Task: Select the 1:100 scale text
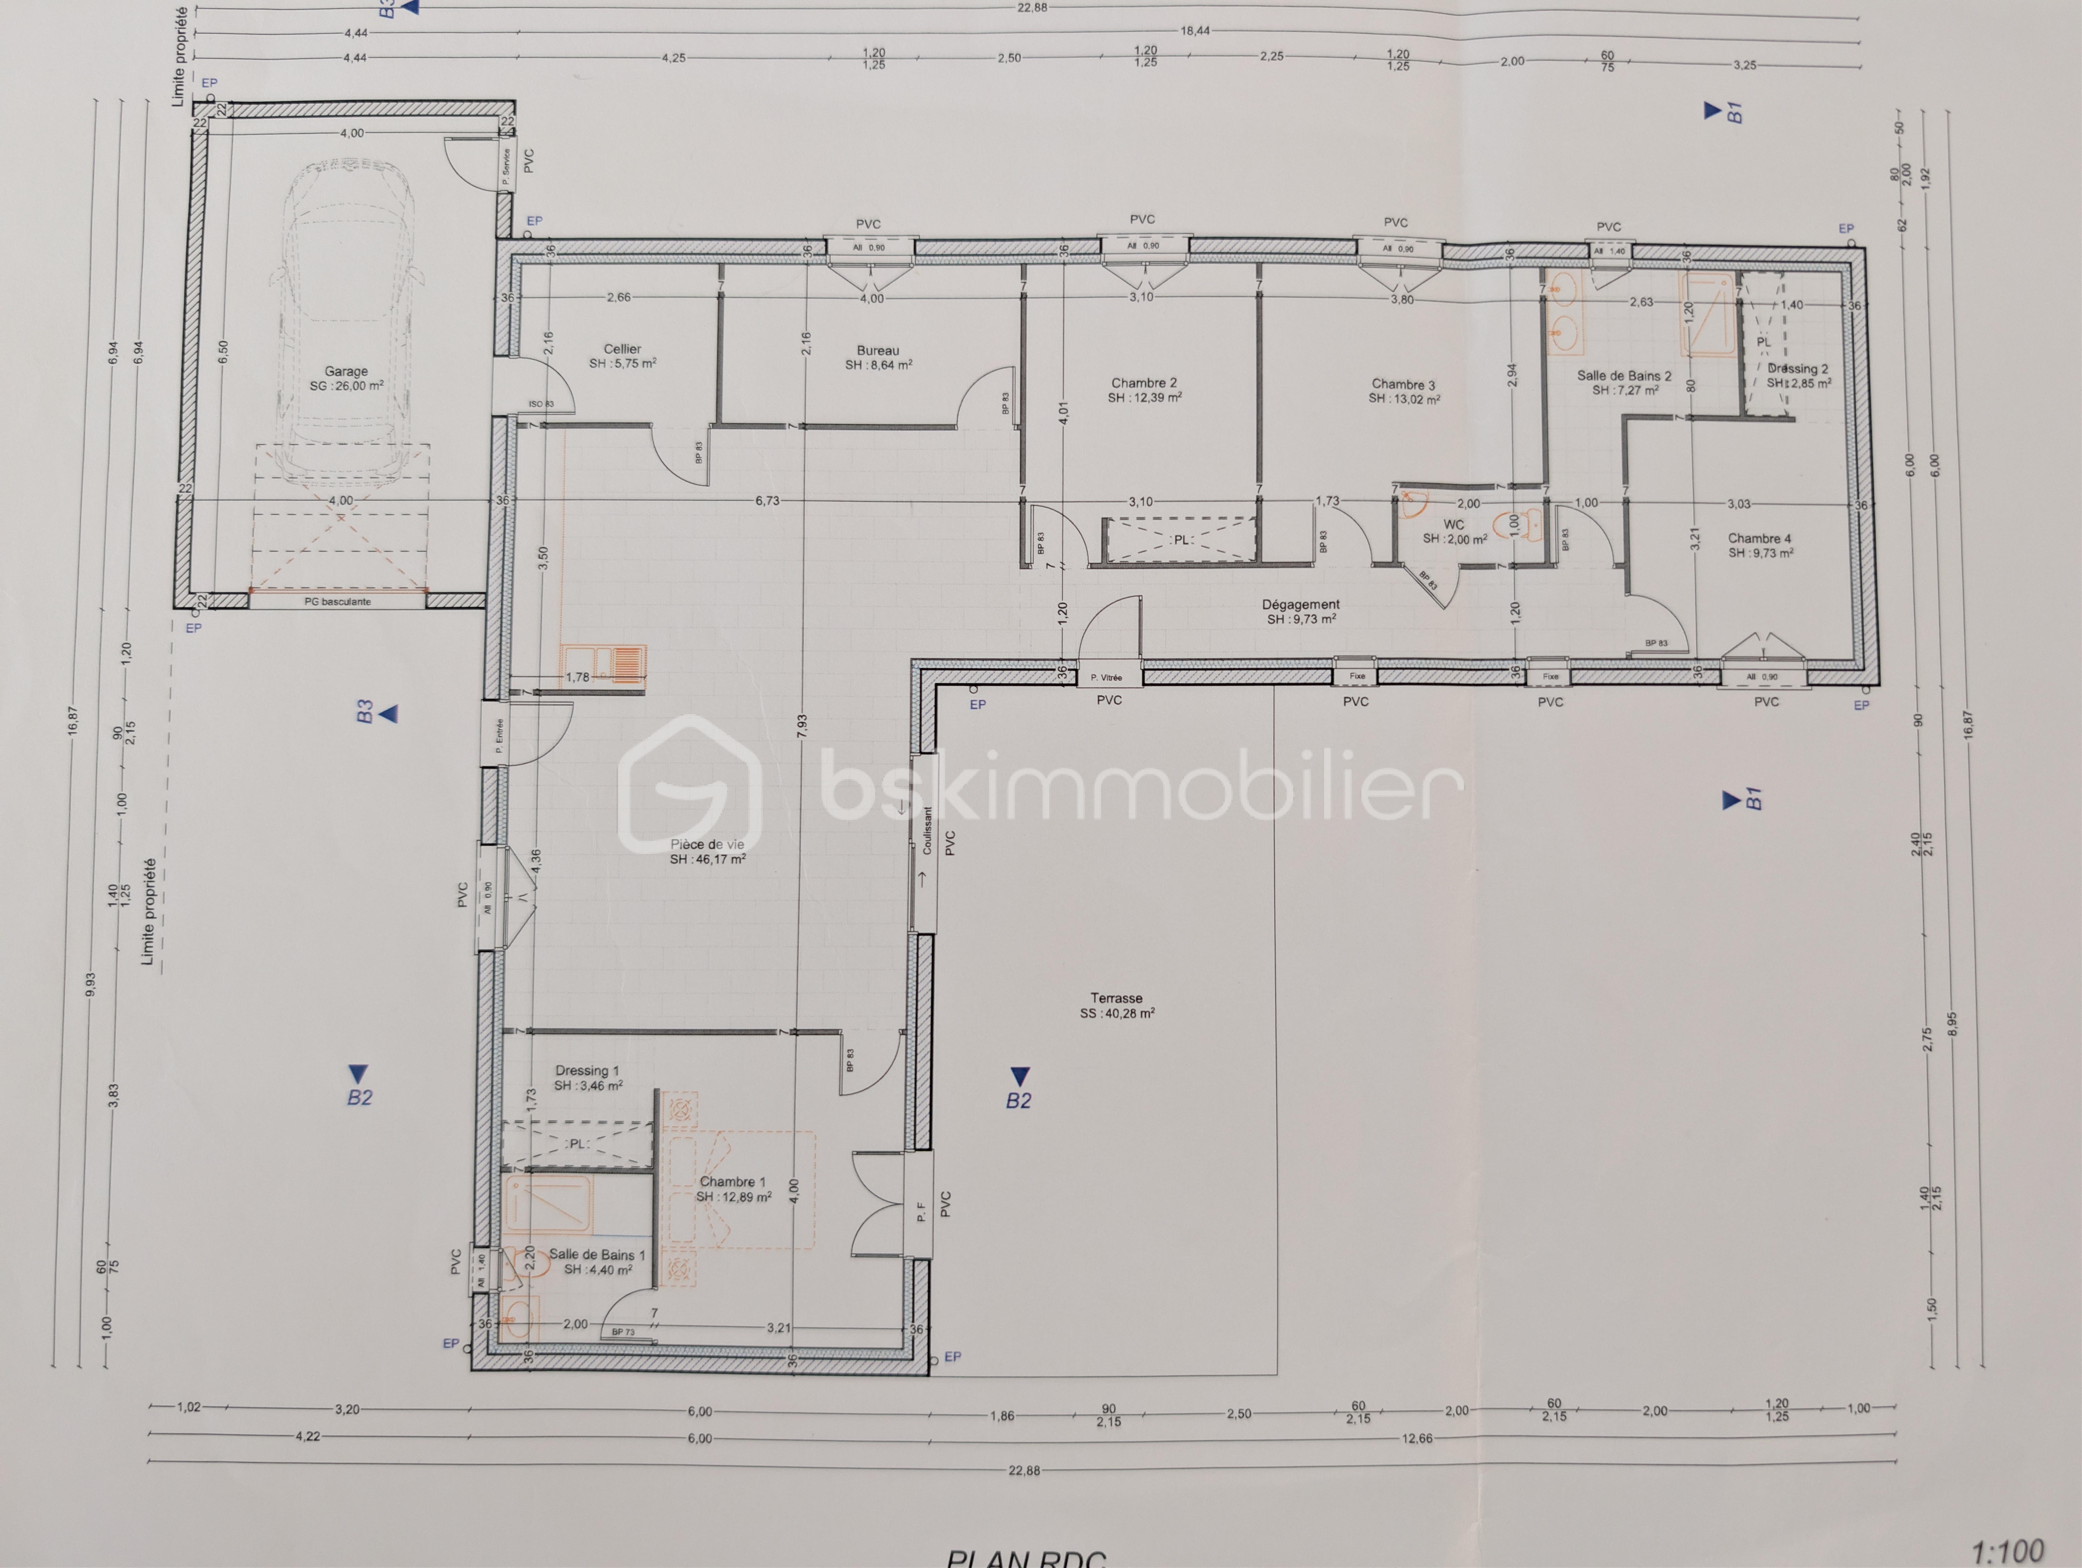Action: click(2008, 1551)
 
